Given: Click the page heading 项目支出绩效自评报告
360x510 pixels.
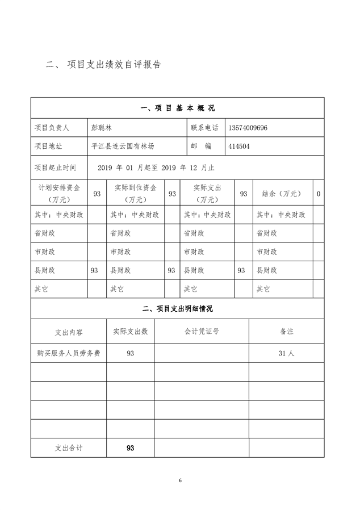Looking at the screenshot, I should point(114,65).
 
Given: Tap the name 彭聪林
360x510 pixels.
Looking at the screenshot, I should point(102,128).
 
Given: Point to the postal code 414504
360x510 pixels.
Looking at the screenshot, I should point(238,146).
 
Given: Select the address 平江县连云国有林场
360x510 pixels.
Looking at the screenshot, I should point(122,146).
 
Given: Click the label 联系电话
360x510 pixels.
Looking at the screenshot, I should point(204,128).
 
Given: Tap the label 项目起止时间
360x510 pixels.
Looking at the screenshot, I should point(55,168).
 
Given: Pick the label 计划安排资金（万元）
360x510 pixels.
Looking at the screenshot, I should point(59,194).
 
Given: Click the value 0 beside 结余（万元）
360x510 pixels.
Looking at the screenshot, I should point(318,194).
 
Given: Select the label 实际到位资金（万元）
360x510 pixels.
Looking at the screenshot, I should point(135,194).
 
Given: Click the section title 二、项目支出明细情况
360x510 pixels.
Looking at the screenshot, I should point(177,308).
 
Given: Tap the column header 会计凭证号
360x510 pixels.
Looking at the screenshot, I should point(202,331).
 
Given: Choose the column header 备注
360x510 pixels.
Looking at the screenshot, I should point(286,331).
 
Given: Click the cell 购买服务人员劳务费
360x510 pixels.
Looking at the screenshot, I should point(68,353).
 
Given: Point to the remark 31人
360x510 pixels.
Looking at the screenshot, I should point(286,353).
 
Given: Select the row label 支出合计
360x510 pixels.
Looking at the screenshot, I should point(68,448).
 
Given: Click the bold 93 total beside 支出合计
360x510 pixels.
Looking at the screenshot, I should point(130,448).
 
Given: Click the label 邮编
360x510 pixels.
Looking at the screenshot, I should point(204,146).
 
